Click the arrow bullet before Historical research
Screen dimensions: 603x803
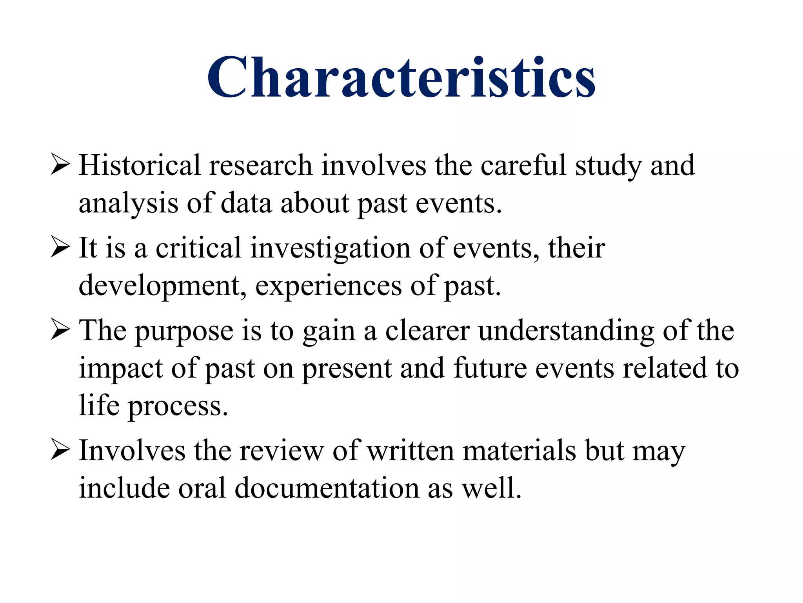click(x=60, y=165)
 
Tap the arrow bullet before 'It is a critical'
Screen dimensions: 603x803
click(x=60, y=248)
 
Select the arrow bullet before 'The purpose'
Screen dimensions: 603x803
click(x=60, y=331)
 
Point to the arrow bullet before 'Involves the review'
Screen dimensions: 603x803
click(x=60, y=451)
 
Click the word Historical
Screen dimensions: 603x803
click(x=140, y=165)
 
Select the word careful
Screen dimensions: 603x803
click(x=523, y=165)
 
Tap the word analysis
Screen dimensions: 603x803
click(x=128, y=204)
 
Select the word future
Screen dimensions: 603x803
click(x=490, y=368)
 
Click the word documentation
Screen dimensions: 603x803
click(x=327, y=488)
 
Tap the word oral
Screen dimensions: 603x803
click(x=202, y=488)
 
